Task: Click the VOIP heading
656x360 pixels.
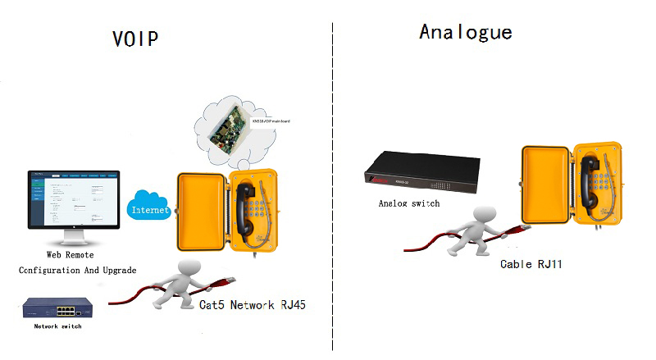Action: pyautogui.click(x=135, y=39)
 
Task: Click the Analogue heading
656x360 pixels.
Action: pyautogui.click(x=465, y=32)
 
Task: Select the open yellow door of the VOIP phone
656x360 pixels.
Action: pyautogui.click(x=198, y=211)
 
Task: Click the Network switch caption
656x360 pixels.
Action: pyautogui.click(x=58, y=326)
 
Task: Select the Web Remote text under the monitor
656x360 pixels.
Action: pyautogui.click(x=76, y=256)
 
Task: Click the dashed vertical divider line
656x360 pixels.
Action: pyautogui.click(x=332, y=189)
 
